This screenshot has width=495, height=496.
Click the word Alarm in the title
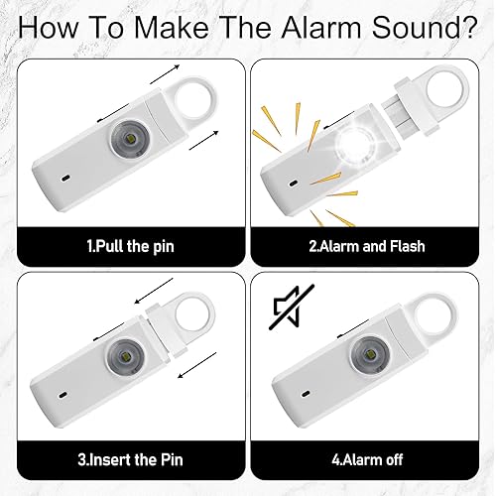pos(320,27)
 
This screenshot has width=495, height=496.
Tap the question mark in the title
pos(466,27)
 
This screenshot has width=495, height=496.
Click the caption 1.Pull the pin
pos(131,247)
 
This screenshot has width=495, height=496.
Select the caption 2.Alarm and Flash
pos(367,246)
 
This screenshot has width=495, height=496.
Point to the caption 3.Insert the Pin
pos(131,460)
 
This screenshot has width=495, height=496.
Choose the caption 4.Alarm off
pos(367,460)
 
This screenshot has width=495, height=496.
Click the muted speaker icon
pos(291,308)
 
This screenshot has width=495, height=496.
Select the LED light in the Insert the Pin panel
pos(126,357)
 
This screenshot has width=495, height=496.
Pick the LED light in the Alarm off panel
pos(369,355)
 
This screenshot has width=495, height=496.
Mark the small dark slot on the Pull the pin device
pos(65,179)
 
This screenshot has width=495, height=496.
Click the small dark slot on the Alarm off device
pos(306,394)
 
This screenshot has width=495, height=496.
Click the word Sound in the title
pos(414,27)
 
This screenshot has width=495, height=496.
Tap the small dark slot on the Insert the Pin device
pos(62,395)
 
